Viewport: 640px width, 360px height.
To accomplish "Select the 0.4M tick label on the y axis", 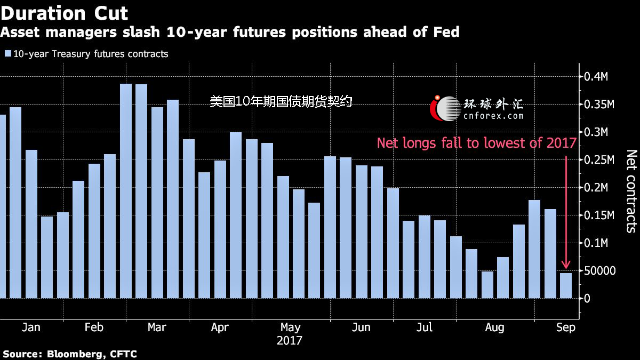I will [595, 77].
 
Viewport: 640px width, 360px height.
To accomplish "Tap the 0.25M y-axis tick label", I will [597, 160].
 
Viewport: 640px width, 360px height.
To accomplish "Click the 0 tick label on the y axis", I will [587, 299].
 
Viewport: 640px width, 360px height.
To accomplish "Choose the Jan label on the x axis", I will [31, 327].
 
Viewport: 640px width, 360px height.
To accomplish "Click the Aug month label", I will [494, 327].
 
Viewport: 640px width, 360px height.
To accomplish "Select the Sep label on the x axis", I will [566, 327].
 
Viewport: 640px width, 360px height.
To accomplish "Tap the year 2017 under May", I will [290, 340].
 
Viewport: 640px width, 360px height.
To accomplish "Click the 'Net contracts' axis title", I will [631, 191].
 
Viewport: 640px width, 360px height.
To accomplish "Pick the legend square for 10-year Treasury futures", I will [7, 54].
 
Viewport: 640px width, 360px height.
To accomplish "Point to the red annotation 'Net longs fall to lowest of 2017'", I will [476, 143].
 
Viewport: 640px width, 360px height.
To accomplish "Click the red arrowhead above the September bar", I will [566, 265].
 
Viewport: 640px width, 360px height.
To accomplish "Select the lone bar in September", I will [566, 285].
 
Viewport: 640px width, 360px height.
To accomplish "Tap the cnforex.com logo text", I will [493, 115].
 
